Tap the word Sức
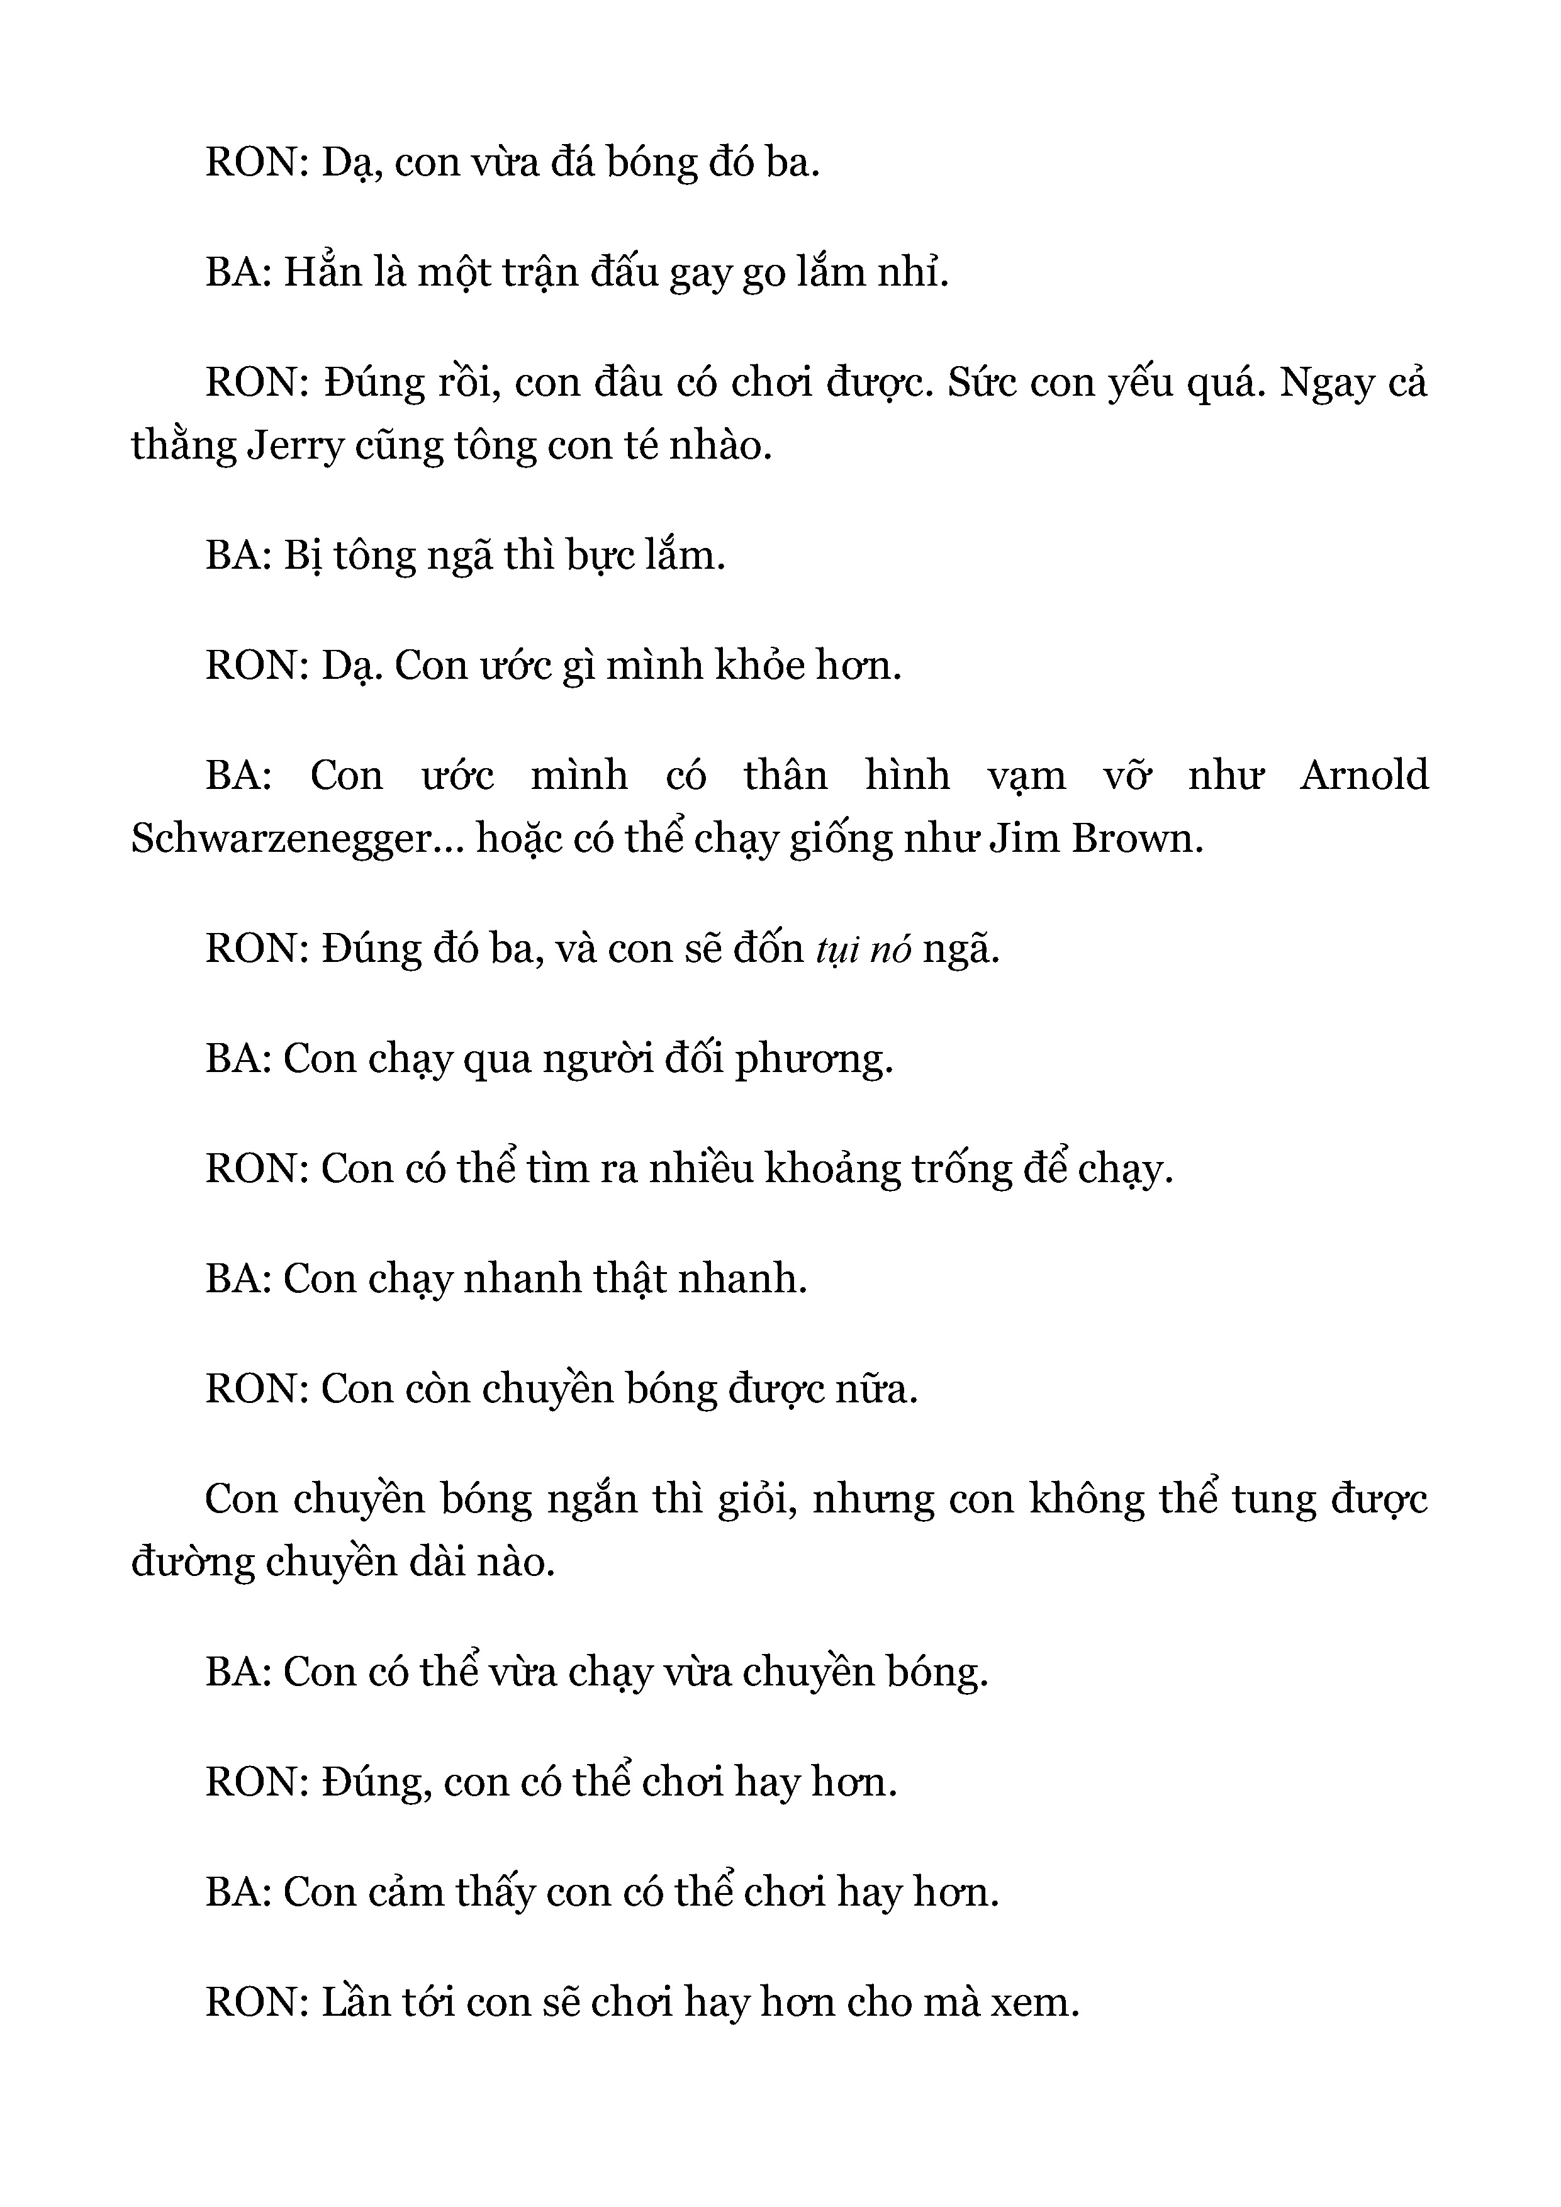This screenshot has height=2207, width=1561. point(982,384)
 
